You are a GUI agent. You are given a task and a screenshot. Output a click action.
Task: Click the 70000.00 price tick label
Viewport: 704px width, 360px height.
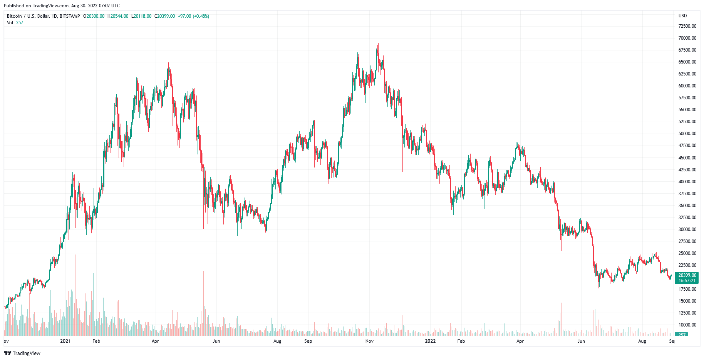pyautogui.click(x=687, y=38)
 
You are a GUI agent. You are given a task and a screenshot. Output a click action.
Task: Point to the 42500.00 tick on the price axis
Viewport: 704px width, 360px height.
pyautogui.click(x=687, y=170)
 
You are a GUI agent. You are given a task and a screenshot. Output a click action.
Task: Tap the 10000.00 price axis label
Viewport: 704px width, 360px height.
pyautogui.click(x=687, y=325)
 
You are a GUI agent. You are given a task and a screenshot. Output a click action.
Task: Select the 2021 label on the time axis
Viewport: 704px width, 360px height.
pyautogui.click(x=65, y=341)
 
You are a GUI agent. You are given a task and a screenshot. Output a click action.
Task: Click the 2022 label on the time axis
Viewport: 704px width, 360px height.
pyautogui.click(x=430, y=341)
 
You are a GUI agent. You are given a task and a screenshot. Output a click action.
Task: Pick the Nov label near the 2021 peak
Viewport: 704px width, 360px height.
pyautogui.click(x=369, y=341)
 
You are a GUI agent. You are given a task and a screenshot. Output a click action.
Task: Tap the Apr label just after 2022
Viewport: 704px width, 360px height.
pyautogui.click(x=520, y=341)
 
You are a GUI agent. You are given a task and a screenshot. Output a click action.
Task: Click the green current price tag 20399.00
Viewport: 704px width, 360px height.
pyautogui.click(x=687, y=275)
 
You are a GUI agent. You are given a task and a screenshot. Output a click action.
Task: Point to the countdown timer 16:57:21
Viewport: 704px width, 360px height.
pyautogui.click(x=687, y=281)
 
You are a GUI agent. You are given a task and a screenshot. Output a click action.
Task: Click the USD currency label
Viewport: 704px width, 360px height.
pyautogui.click(x=682, y=16)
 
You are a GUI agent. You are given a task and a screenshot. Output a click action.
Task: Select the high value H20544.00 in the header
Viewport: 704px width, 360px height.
pyautogui.click(x=118, y=16)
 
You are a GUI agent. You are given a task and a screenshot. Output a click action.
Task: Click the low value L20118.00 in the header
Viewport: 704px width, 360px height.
pyautogui.click(x=141, y=16)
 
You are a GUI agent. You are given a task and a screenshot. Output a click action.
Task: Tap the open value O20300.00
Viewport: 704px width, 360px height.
pyautogui.click(x=94, y=16)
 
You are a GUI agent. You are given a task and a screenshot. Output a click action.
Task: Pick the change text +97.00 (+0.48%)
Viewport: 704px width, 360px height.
pyautogui.click(x=193, y=16)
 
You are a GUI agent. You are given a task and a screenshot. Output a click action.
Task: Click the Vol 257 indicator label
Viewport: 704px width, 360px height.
pyautogui.click(x=15, y=23)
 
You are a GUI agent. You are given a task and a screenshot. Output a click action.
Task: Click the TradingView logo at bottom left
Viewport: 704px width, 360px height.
pyautogui.click(x=22, y=353)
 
